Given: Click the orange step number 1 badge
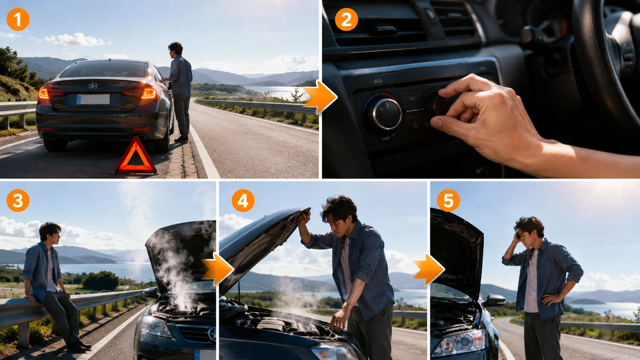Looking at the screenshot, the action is click(18, 20).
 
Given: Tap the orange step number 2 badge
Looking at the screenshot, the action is click(346, 20).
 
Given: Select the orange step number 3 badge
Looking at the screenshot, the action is click(18, 200).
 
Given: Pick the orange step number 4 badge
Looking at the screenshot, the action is click(243, 200).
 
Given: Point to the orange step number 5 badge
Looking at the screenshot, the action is click(448, 200).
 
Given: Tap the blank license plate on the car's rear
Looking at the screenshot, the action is click(93, 99).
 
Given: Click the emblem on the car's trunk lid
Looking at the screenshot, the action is click(93, 86).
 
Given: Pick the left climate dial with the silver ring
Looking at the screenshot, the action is click(384, 113).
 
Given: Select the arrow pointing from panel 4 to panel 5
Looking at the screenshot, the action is click(429, 269).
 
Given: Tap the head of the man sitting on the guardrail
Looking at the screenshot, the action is click(50, 231).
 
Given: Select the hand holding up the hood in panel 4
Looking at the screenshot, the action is click(304, 218).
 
